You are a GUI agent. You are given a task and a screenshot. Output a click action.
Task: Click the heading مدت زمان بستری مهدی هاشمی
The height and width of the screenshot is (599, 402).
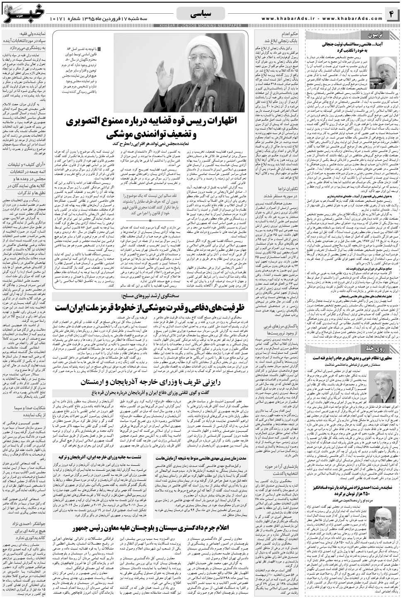point(201,457)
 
